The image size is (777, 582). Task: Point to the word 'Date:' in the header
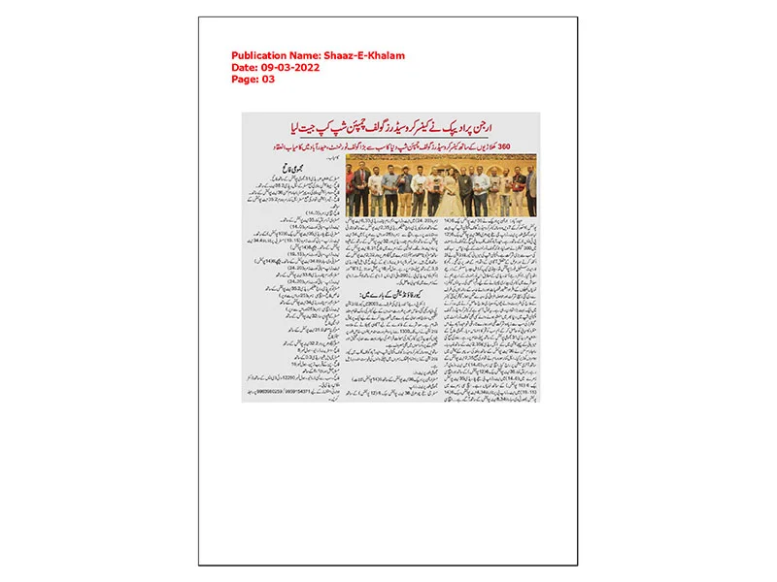click(244, 68)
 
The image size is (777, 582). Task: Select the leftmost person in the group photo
click(354, 191)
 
